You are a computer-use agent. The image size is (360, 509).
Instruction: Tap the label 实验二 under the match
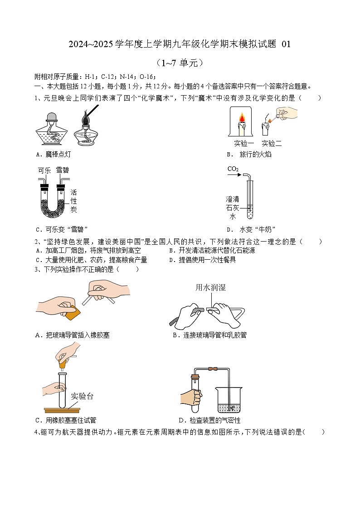(272, 144)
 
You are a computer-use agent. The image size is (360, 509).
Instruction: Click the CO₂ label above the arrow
(233, 170)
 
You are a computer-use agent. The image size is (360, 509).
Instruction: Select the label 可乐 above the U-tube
(44, 170)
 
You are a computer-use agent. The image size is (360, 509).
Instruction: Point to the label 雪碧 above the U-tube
(63, 170)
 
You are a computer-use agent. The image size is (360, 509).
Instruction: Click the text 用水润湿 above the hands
(210, 287)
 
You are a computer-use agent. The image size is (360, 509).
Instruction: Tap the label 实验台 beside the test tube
(83, 396)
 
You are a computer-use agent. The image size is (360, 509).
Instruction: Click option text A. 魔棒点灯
(53, 155)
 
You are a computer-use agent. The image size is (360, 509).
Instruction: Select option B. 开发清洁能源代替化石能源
(212, 251)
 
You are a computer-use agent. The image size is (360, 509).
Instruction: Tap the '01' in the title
(286, 44)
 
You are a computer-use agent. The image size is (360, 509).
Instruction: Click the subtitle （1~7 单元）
(180, 63)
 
